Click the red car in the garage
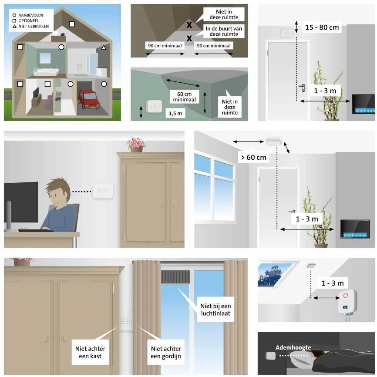pos(89,99)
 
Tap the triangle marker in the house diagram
pos(104,47)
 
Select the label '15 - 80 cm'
pos(322,27)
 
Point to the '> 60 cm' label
pos(254,157)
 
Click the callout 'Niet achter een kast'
pos(90,352)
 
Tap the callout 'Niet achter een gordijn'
pos(166,352)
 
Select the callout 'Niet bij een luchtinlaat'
pos(215,310)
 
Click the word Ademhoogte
pos(293,347)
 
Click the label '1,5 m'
pos(175,113)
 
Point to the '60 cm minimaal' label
pos(185,97)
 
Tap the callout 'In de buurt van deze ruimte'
pos(224,31)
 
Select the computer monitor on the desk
pos(21,202)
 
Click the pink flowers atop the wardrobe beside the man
pos(136,143)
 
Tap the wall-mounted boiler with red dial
pos(347,303)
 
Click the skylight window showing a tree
pos(276,275)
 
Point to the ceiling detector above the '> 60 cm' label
pos(274,141)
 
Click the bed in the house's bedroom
pos(46,72)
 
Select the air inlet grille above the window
pos(175,277)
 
